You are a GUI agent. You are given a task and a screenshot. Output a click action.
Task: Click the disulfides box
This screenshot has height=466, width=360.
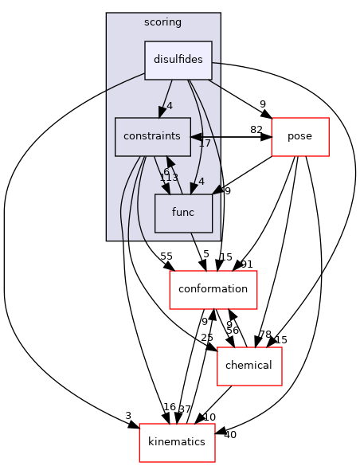coord(178,60)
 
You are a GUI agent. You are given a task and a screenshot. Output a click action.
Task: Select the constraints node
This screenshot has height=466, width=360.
coord(152,136)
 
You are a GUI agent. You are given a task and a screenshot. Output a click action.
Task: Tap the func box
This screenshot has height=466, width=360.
coord(183,213)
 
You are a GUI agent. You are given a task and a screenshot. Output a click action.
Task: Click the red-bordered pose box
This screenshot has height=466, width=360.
coord(300,136)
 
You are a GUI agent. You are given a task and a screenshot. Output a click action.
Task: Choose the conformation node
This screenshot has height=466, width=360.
coord(213,289)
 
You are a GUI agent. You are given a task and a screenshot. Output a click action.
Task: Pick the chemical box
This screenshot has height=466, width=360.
coord(248,366)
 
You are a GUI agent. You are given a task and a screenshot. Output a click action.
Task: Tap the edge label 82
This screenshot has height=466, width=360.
coord(257,130)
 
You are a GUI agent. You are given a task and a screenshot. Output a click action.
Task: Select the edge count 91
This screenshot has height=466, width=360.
coord(247,264)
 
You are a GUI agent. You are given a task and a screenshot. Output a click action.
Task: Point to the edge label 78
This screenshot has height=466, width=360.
coord(265,334)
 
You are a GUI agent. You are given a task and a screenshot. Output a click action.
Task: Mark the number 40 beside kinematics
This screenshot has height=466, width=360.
coord(230,434)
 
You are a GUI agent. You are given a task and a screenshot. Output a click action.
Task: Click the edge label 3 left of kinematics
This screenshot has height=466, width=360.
coord(127,416)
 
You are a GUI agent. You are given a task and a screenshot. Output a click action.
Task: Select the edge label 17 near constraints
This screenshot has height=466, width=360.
coord(204,143)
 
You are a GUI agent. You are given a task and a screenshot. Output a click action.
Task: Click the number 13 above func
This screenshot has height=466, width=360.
coord(170,178)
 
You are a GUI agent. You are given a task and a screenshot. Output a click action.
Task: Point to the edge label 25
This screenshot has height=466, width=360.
coord(207,339)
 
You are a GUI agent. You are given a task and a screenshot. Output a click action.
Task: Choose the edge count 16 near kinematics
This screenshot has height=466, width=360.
coord(169,407)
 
